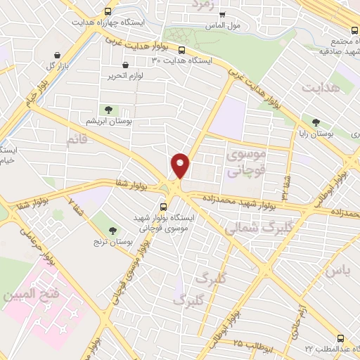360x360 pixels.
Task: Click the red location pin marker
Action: [181, 165]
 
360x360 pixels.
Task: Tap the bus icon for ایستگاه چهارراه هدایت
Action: [107, 11]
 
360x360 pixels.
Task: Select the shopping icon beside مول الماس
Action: [222, 13]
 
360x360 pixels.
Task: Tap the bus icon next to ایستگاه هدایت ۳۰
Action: [181, 50]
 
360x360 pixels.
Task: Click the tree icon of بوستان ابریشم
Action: [108, 109]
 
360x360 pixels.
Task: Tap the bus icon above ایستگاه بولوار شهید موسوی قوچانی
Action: [164, 207]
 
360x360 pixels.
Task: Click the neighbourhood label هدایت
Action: [320, 88]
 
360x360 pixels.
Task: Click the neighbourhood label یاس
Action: [337, 270]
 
